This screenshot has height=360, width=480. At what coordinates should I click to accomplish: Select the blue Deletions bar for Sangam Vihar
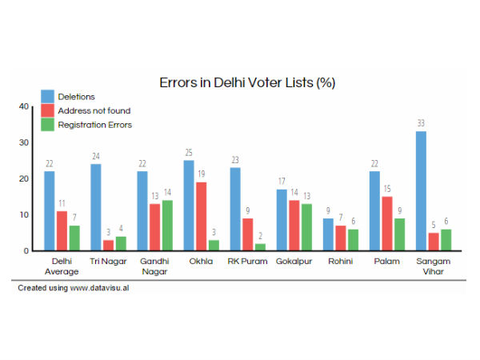pyautogui.click(x=421, y=191)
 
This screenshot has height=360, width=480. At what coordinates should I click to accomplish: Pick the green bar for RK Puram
pyautogui.click(x=260, y=247)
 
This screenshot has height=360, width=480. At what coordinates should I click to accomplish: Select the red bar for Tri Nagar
pyautogui.click(x=108, y=245)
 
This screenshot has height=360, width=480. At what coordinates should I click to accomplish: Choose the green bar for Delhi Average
pyautogui.click(x=74, y=238)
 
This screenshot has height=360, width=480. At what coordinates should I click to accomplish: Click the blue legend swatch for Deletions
pyautogui.click(x=48, y=97)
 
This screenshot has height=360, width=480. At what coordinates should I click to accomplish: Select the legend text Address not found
pyautogui.click(x=99, y=110)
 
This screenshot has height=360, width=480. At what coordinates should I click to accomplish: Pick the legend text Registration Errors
pyautogui.click(x=100, y=125)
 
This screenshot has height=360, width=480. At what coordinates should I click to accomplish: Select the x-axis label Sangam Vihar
pyautogui.click(x=433, y=266)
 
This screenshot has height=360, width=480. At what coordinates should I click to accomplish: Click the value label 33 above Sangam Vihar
pyautogui.click(x=421, y=123)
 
